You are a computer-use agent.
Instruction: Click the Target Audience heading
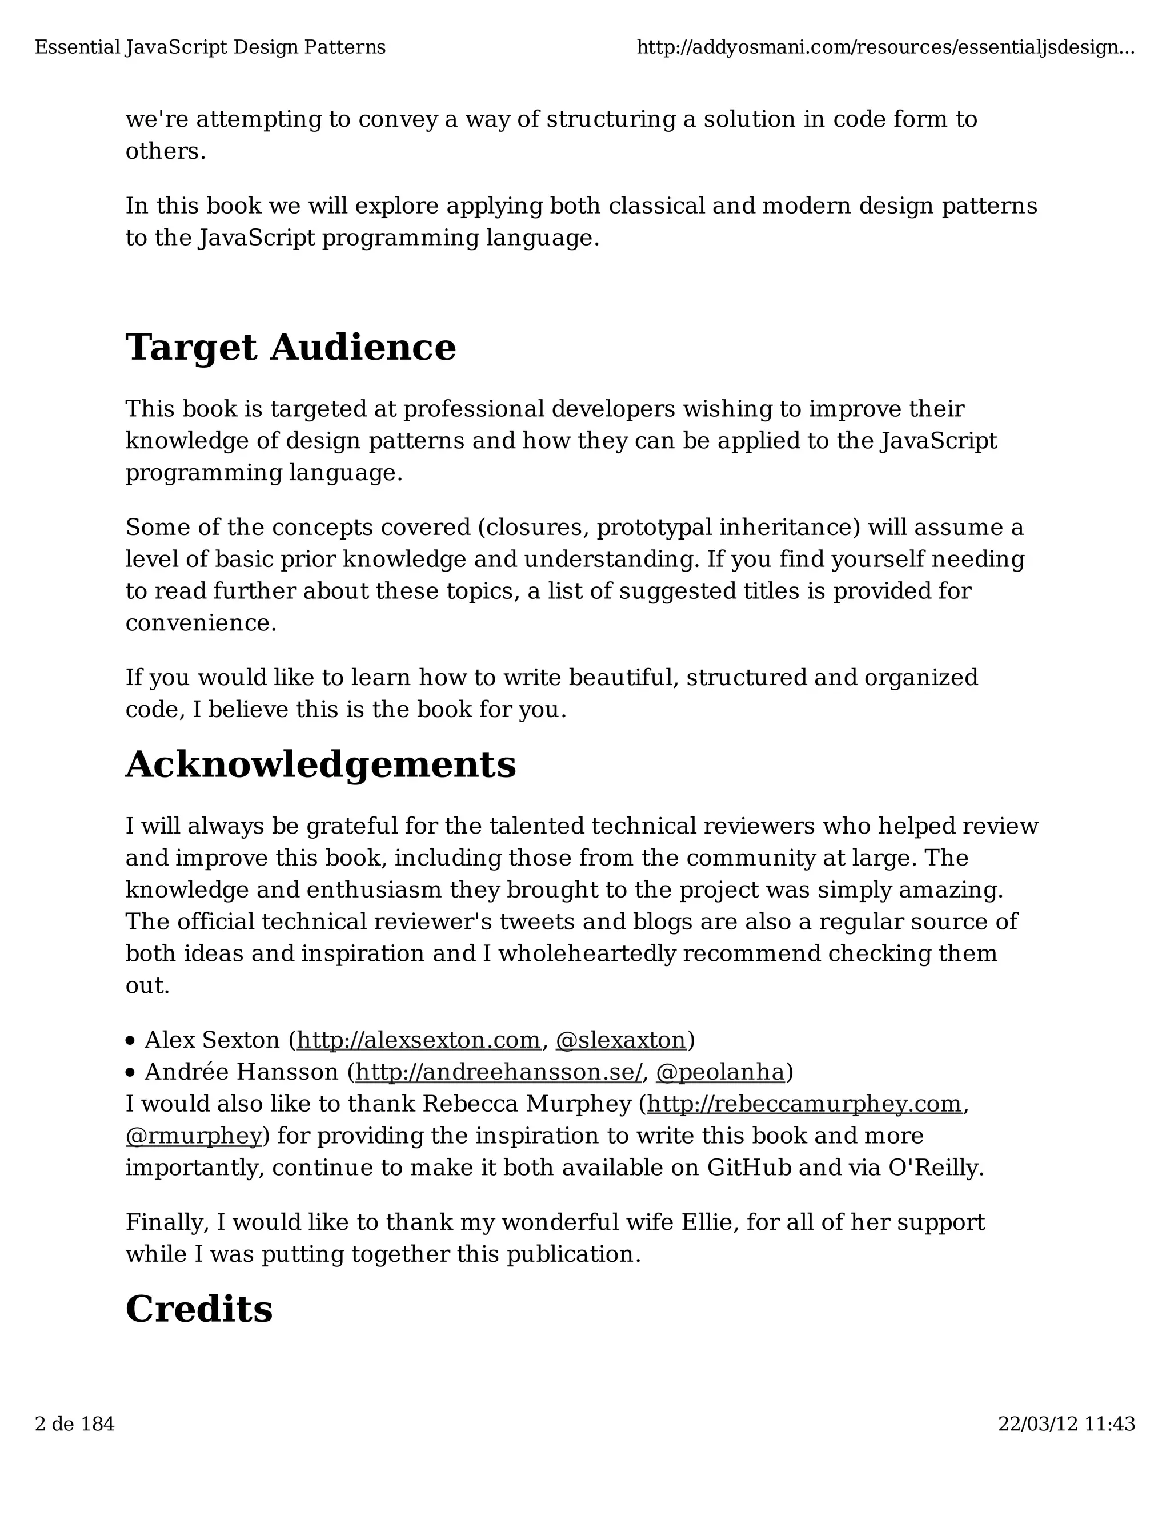[x=290, y=347]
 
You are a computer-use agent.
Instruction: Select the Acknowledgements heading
[x=320, y=765]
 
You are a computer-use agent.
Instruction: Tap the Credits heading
[x=199, y=1309]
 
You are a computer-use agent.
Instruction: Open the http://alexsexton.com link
[x=418, y=1040]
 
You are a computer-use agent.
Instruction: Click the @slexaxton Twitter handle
[x=620, y=1040]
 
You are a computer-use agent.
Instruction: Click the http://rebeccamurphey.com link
[x=804, y=1104]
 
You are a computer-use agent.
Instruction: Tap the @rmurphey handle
[x=194, y=1136]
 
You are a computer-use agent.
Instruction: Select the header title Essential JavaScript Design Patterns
[x=210, y=47]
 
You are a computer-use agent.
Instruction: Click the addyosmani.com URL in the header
[x=885, y=47]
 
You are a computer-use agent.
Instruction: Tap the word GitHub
[x=748, y=1168]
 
